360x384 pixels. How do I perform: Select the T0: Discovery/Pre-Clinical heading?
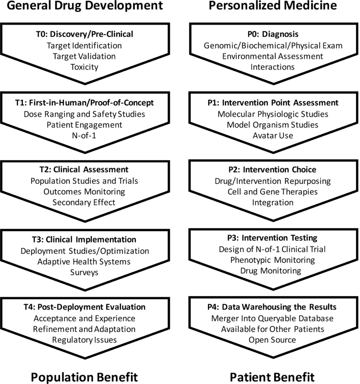84,34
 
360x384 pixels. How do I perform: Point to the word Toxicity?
84,67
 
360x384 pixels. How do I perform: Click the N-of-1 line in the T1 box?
84,135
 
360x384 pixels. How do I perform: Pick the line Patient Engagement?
84,125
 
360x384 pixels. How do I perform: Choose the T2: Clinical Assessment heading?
84,169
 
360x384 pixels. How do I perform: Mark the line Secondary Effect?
84,202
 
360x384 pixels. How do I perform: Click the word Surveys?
84,273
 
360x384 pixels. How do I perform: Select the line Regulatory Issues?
84,340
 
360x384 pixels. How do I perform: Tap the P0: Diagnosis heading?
273,34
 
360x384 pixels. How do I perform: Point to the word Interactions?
273,67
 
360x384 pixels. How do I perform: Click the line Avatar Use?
273,135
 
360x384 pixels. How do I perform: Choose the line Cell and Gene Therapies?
273,192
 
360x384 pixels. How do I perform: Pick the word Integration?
273,202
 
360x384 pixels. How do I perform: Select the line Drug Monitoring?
271,271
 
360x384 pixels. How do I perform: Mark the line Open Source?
272,340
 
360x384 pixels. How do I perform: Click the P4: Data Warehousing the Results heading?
272,307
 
